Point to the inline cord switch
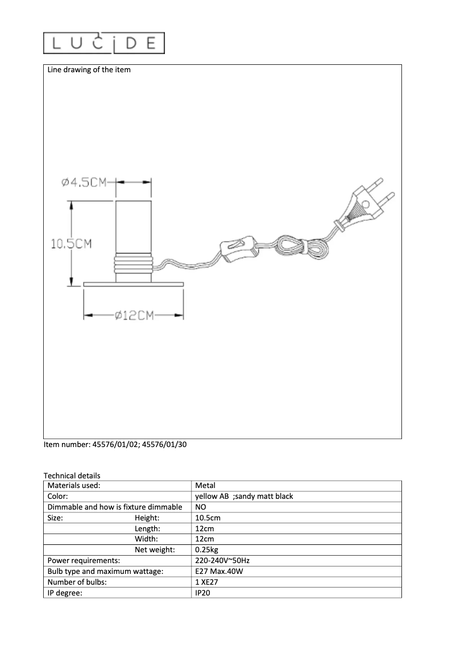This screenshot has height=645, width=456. click(x=236, y=249)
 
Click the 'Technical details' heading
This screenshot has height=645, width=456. click(x=72, y=476)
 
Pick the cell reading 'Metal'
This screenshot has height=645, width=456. click(x=205, y=486)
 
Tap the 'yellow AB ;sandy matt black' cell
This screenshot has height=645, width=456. click(x=244, y=497)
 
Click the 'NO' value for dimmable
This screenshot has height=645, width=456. click(x=201, y=507)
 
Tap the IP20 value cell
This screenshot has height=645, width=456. click(x=203, y=593)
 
